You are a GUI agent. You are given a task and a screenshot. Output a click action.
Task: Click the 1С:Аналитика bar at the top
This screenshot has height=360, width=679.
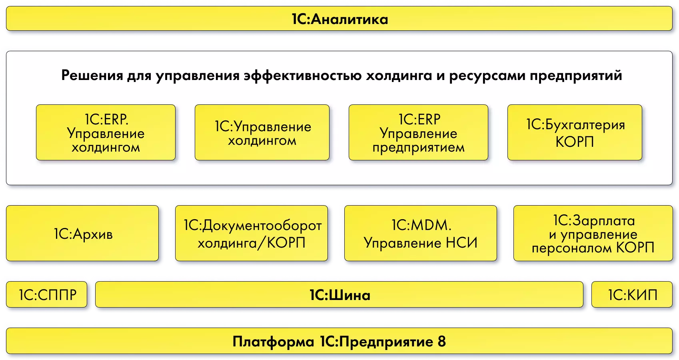click(339, 19)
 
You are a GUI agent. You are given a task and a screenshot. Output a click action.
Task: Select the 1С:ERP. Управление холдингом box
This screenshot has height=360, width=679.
click(106, 133)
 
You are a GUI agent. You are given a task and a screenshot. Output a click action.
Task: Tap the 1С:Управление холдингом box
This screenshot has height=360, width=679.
click(262, 133)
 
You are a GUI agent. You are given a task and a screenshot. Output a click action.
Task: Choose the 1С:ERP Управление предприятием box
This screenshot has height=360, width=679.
click(418, 133)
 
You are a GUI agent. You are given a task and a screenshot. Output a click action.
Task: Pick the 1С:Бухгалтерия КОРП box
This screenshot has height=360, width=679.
click(575, 133)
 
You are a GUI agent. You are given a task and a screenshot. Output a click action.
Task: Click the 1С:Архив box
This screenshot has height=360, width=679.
click(82, 234)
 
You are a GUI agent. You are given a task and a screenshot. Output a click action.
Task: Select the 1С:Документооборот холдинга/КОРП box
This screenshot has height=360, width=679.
click(252, 234)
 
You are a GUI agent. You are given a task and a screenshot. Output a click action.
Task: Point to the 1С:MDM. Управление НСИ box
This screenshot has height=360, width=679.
click(421, 234)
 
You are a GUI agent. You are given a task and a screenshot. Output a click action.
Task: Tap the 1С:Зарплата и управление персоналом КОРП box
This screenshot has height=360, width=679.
click(593, 234)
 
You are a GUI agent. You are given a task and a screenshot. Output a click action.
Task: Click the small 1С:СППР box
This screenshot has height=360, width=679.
click(47, 295)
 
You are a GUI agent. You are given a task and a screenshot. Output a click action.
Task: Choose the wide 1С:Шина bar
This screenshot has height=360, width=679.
click(339, 295)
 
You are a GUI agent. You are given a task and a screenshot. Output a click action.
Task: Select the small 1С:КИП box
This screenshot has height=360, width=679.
click(632, 295)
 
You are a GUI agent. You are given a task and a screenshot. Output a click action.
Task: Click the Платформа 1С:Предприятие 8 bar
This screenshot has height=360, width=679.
click(339, 342)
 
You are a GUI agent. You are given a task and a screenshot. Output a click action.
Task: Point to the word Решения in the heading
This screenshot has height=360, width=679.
click(92, 75)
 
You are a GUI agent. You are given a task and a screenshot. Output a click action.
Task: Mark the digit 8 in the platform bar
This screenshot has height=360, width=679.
click(441, 342)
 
